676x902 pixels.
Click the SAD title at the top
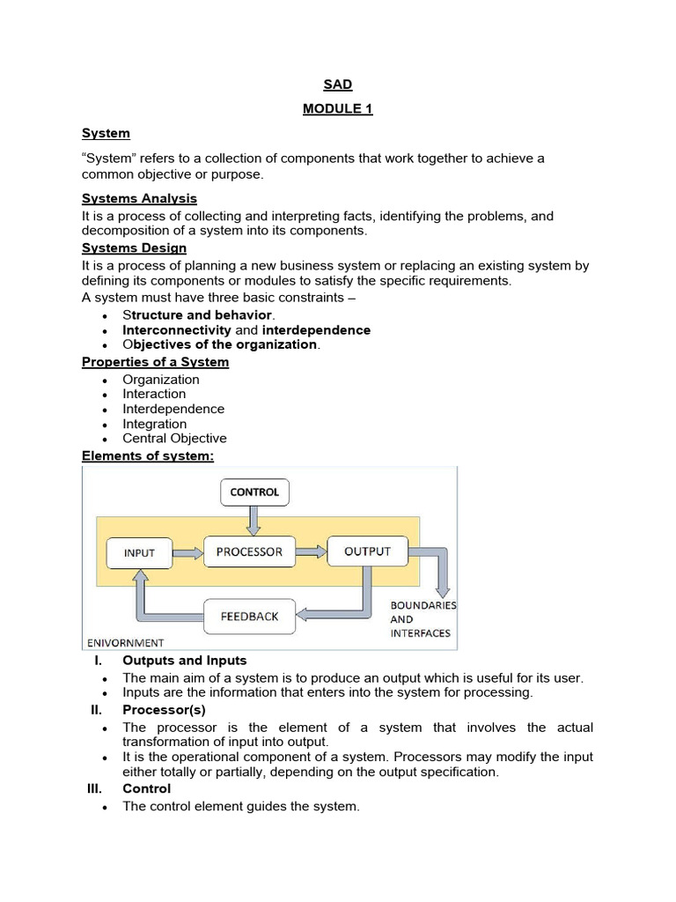click(339, 85)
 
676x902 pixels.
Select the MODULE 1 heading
click(339, 109)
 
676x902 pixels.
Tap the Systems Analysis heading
click(139, 198)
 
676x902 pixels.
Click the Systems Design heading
click(134, 248)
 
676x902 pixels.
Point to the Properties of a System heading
click(155, 362)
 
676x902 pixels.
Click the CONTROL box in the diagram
click(254, 492)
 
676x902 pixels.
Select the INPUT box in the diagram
click(139, 552)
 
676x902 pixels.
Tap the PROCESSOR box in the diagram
click(249, 551)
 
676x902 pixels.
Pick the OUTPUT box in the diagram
click(367, 551)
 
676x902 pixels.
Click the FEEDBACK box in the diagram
click(249, 616)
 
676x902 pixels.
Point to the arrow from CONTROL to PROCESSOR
click(254, 521)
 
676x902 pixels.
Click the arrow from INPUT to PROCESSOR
click(187, 552)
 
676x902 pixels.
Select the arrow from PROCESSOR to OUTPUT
click(310, 551)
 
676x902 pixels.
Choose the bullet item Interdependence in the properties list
click(173, 409)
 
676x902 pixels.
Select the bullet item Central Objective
click(174, 438)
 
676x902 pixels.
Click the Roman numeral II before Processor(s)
click(97, 709)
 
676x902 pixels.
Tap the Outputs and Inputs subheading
click(185, 660)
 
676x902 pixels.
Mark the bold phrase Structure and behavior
click(198, 314)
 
